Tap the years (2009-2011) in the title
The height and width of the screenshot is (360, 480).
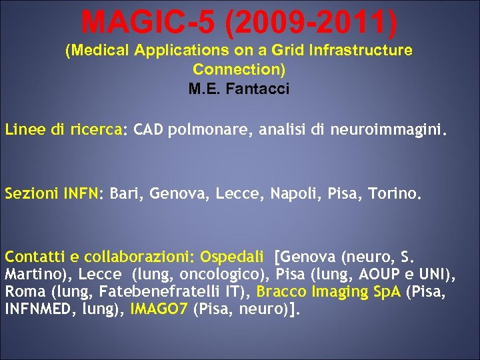(311, 22)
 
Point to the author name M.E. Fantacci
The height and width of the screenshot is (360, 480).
(239, 89)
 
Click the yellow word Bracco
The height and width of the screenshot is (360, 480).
(279, 291)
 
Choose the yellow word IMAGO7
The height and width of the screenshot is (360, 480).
(159, 309)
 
